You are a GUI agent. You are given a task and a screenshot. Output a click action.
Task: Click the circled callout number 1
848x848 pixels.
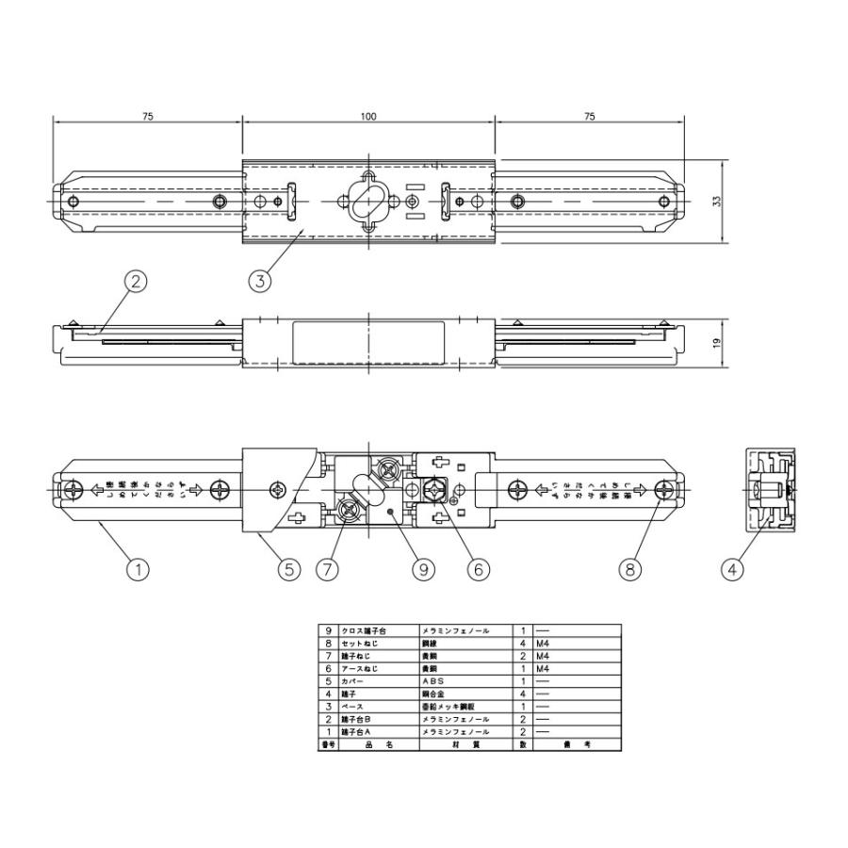click(138, 569)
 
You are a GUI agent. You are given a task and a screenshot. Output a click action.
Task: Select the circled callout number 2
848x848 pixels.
click(138, 280)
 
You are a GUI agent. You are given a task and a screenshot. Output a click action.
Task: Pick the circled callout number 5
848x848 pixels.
click(288, 569)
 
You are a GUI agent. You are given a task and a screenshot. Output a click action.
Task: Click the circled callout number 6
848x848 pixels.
click(478, 569)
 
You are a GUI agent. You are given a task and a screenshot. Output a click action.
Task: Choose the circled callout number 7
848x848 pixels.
click(327, 569)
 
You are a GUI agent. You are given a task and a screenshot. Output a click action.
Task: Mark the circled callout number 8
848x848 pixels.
click(629, 569)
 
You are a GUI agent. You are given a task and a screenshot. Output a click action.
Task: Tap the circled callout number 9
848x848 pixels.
click(424, 569)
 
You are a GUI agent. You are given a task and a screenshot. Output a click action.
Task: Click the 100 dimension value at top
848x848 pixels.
click(367, 117)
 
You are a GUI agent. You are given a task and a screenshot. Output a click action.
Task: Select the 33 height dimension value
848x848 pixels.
click(718, 203)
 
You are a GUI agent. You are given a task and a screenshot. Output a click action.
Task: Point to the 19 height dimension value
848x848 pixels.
click(718, 343)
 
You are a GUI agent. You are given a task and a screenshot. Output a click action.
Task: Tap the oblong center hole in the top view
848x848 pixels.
click(367, 203)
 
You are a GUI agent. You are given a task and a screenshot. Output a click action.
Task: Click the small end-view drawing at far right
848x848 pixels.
click(768, 491)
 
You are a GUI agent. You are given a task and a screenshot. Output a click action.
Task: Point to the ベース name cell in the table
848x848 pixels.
click(353, 702)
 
